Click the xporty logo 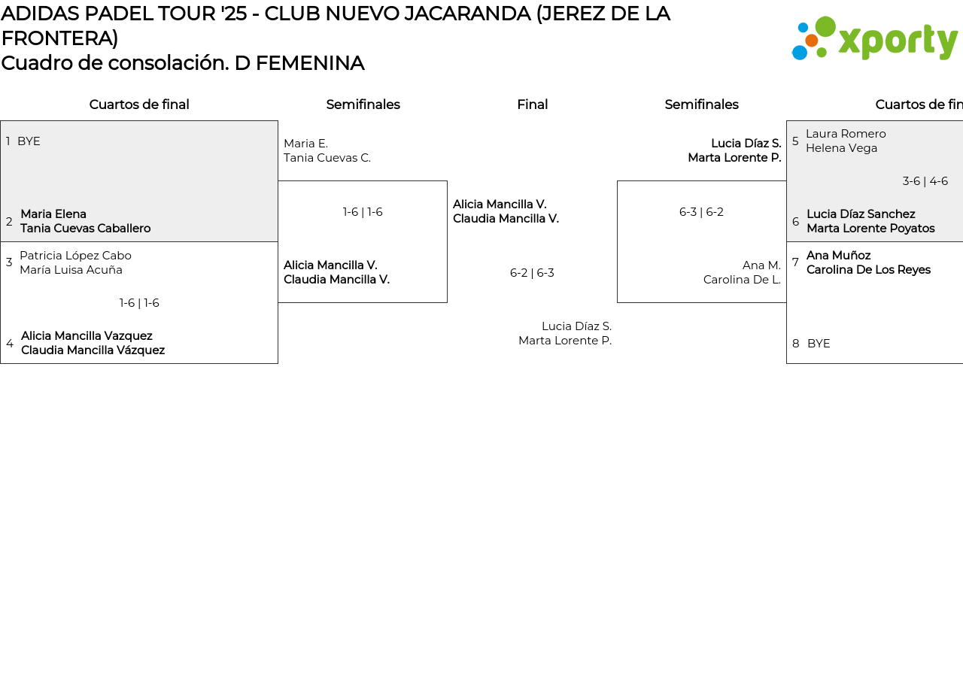(x=875, y=38)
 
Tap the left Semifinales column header (x=363, y=105)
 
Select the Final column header (x=532, y=105)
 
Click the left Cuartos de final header (x=139, y=105)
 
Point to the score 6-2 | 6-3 (x=532, y=273)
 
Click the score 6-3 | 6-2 (x=701, y=212)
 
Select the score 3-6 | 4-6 (x=925, y=181)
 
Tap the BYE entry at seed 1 (x=29, y=141)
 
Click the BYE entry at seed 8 (x=819, y=344)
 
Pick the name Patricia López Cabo (x=75, y=256)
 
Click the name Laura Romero (x=846, y=134)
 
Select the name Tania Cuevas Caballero (x=85, y=229)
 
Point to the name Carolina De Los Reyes (x=868, y=270)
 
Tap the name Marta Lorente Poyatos (x=870, y=229)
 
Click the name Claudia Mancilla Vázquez (x=93, y=350)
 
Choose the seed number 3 (x=9, y=262)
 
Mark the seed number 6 (x=795, y=222)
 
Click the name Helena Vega (x=841, y=148)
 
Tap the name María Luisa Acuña (x=71, y=270)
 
